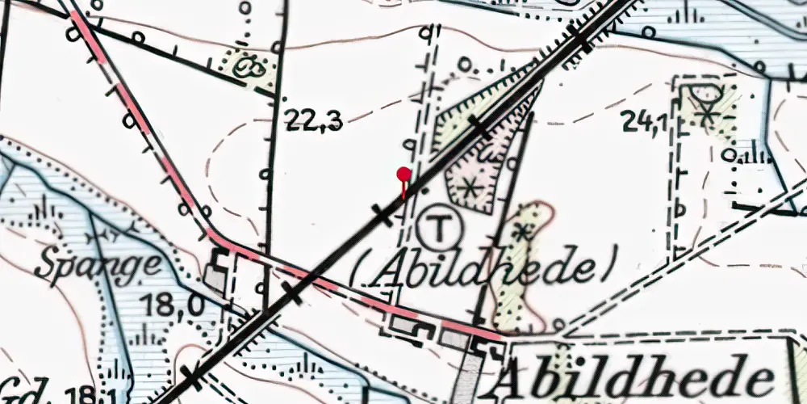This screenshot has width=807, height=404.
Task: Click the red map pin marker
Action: [403, 174]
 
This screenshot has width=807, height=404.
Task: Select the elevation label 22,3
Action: [314, 121]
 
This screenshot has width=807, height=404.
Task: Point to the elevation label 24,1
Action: [643, 121]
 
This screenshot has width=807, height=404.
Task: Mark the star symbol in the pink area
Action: [468, 188]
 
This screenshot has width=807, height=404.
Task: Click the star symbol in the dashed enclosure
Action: [708, 114]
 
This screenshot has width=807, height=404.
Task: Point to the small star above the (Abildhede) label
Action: [525, 232]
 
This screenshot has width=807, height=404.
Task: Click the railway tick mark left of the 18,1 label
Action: [191, 377]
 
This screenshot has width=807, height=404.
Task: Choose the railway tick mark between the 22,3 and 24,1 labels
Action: [479, 128]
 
